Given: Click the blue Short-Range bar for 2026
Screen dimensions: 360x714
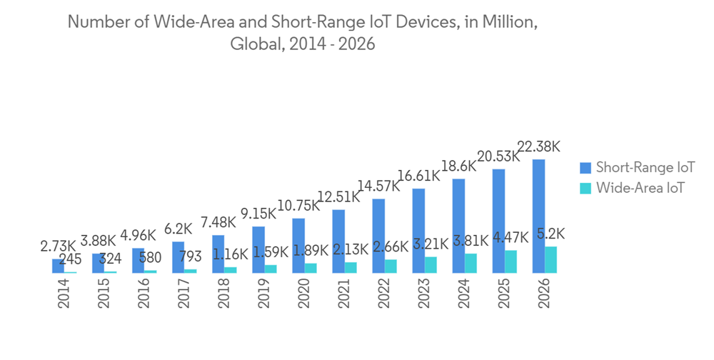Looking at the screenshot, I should [x=539, y=216].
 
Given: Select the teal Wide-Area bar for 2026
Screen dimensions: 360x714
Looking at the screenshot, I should [x=551, y=259].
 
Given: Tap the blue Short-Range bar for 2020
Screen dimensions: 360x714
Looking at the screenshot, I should [x=298, y=245].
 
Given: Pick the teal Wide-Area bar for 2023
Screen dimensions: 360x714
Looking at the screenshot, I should [x=431, y=264].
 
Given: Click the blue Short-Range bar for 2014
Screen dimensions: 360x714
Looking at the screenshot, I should [x=58, y=266].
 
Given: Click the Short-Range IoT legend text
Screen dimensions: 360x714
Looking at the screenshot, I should [x=645, y=168].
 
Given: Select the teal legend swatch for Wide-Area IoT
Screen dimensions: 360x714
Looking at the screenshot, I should [x=585, y=188].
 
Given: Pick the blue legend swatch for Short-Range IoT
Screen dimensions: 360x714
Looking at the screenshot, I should [x=585, y=168].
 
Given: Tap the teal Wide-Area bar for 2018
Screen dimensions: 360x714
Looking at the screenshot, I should [x=231, y=269].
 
